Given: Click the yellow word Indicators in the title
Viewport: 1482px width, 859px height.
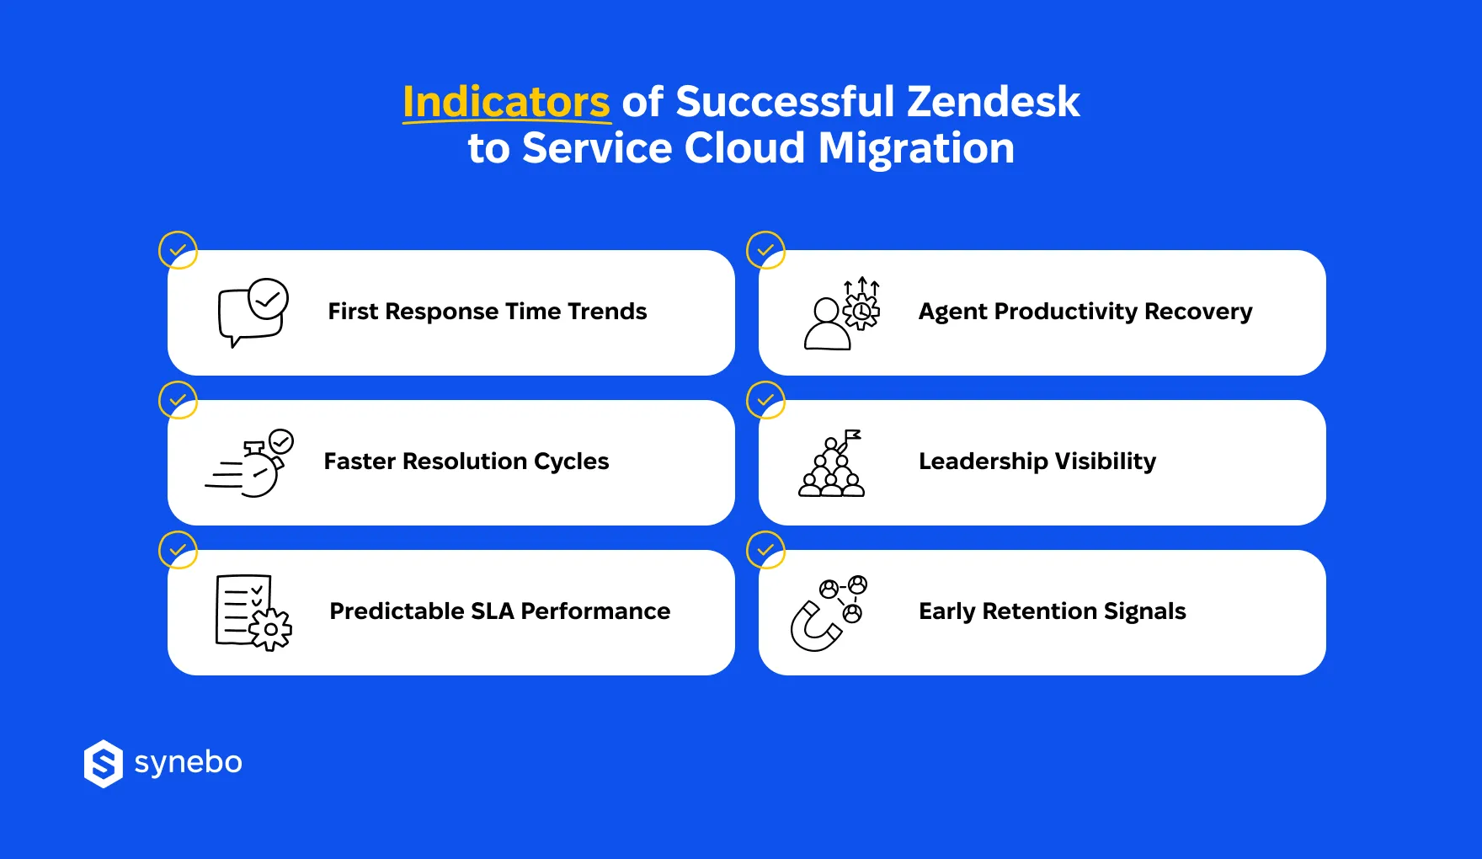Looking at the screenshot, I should pyautogui.click(x=506, y=103).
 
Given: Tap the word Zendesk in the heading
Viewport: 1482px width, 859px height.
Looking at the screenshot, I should pyautogui.click(x=993, y=103).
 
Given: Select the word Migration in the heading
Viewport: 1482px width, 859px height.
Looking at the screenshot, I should pyautogui.click(x=916, y=149).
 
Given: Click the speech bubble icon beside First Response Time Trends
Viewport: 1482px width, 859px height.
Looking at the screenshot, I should pyautogui.click(x=253, y=312).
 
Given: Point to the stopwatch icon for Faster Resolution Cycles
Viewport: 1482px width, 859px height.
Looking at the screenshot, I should pyautogui.click(x=253, y=464).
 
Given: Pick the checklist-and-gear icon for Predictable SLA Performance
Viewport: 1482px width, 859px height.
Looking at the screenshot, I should pyautogui.click(x=253, y=612).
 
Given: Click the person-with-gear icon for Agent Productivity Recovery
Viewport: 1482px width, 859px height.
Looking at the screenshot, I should pyautogui.click(x=842, y=313).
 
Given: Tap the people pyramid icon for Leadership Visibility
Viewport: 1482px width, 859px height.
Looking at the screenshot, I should pyautogui.click(x=832, y=464).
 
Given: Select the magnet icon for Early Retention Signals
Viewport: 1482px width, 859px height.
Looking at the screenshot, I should pyautogui.click(x=829, y=614).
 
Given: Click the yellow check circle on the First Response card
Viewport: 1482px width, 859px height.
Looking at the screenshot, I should pyautogui.click(x=178, y=250).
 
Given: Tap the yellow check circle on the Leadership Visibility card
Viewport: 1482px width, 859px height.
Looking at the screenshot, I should pyautogui.click(x=765, y=400).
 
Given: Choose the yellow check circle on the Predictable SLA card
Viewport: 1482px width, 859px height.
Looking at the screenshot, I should pyautogui.click(x=178, y=550).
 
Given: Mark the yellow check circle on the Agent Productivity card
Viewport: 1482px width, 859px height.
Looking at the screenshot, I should pyautogui.click(x=765, y=250).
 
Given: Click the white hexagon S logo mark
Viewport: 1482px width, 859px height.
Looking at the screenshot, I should pyautogui.click(x=104, y=764).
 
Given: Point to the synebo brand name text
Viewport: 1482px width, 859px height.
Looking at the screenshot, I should pyautogui.click(x=189, y=762).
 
